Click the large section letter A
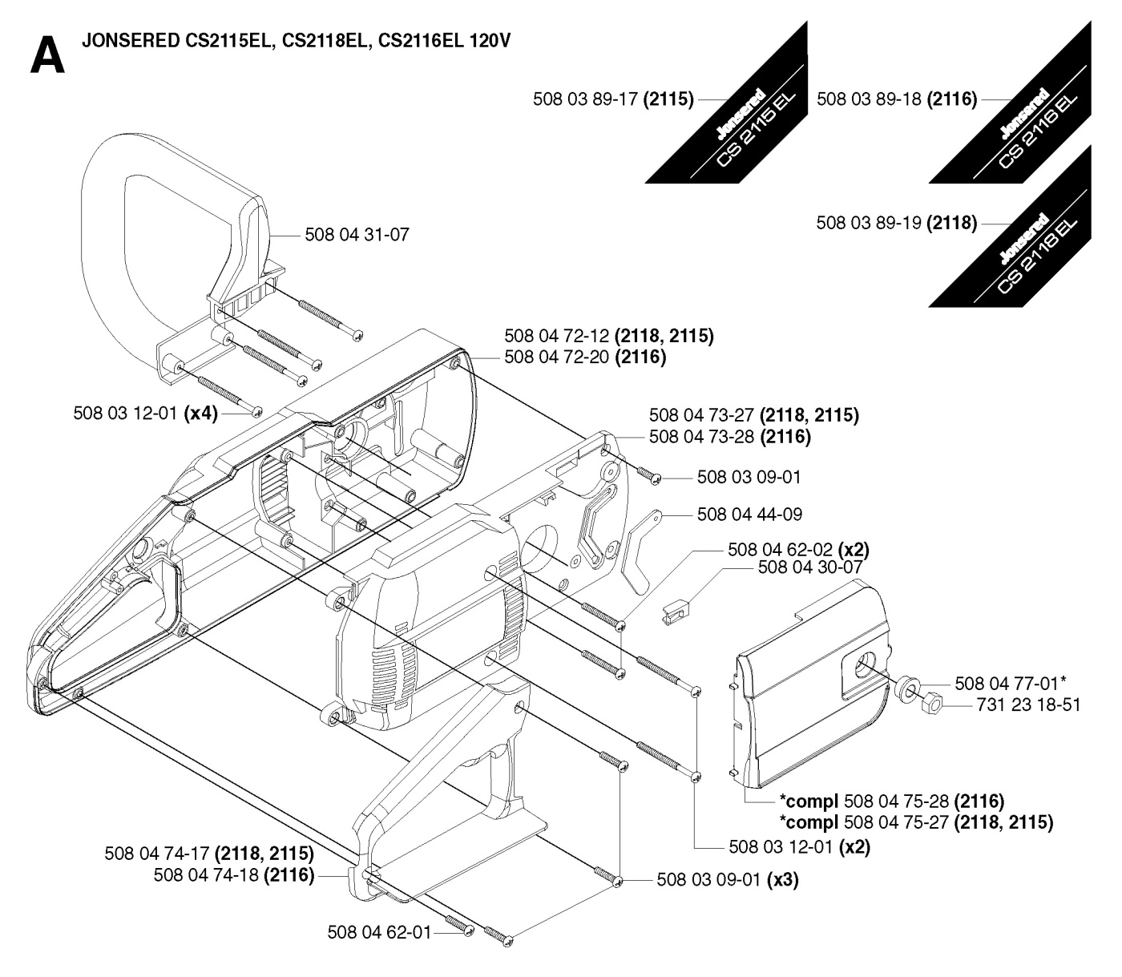(47, 56)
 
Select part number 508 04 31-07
(357, 235)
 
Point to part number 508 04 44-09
(749, 514)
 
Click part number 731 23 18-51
(1029, 705)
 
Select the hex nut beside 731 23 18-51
(931, 704)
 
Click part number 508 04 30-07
(809, 567)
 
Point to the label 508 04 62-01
(379, 932)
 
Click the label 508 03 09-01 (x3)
(727, 880)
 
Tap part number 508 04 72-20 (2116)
(585, 357)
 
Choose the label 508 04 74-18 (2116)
(233, 875)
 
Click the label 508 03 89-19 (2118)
(896, 223)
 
